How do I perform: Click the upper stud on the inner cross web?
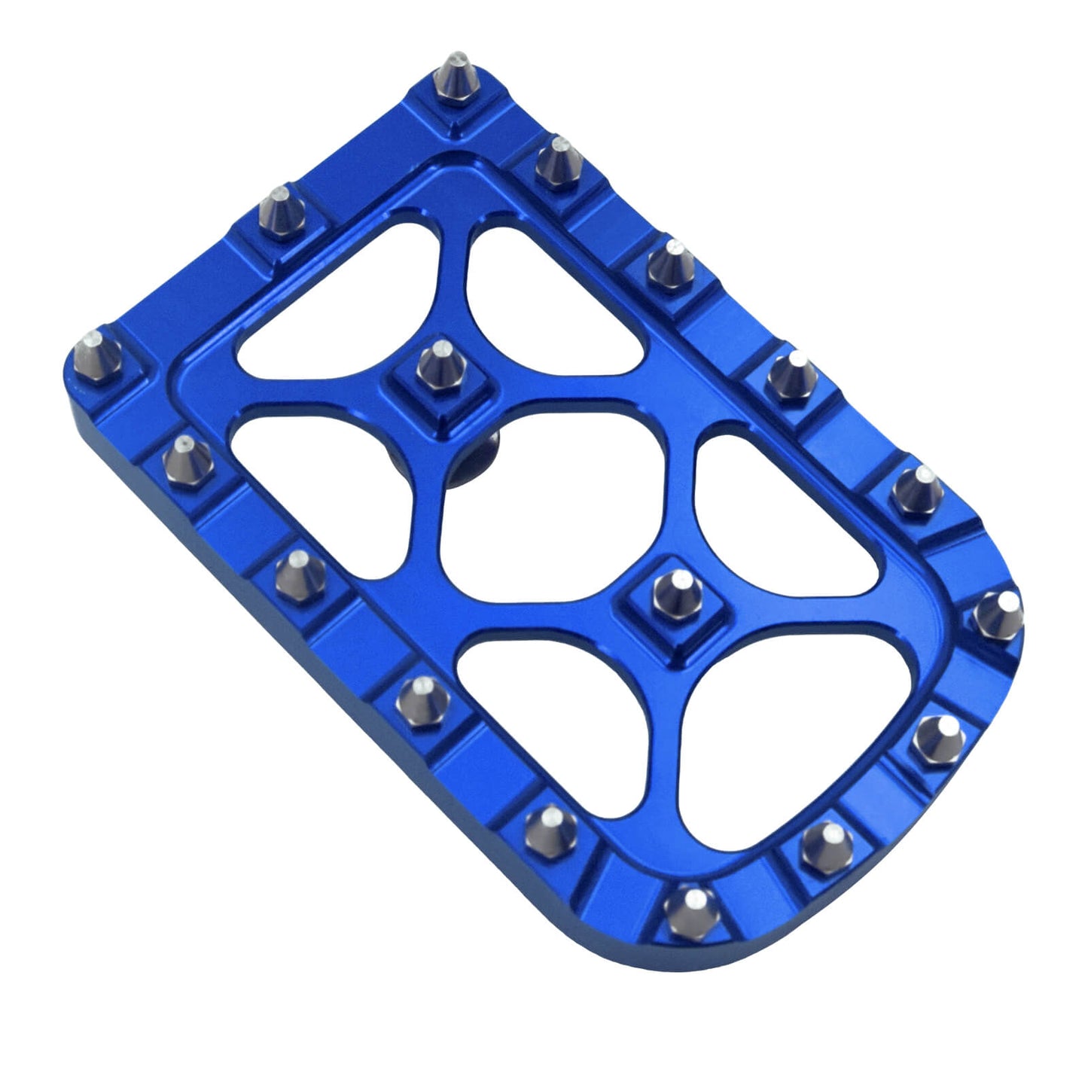(441, 366)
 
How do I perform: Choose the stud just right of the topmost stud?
(559, 163)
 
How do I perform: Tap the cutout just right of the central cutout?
(783, 512)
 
